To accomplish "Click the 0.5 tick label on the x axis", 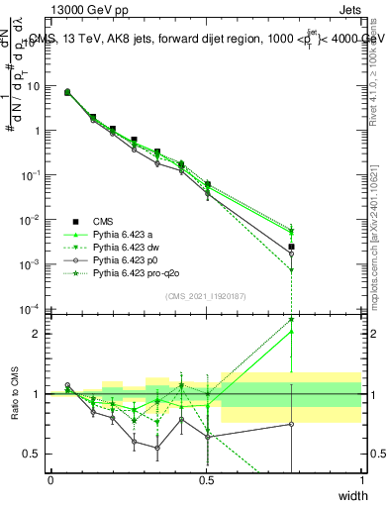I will (x=207, y=480).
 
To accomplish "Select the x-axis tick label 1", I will (x=362, y=480).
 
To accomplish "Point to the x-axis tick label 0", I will (x=51, y=480).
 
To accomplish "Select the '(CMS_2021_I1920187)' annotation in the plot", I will (x=206, y=296).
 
